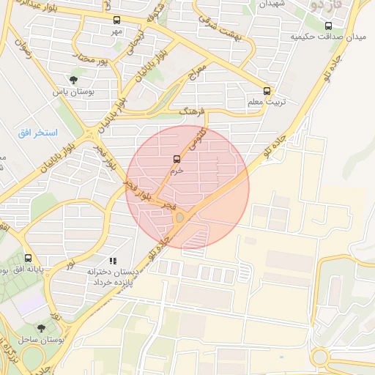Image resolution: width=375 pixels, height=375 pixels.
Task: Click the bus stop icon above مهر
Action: point(118,21)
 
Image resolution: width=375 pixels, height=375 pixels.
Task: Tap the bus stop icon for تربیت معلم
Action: point(267,92)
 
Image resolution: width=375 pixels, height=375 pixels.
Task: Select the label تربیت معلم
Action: point(267,103)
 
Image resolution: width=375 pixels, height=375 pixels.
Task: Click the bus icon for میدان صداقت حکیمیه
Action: point(328,26)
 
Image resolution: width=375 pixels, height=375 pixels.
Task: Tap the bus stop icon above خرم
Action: point(177,159)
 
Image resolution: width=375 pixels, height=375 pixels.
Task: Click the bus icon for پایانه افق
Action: point(28,258)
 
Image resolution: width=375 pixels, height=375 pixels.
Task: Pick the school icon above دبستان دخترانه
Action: point(112,260)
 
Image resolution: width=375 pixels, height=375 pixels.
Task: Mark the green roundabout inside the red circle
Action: point(179,217)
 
